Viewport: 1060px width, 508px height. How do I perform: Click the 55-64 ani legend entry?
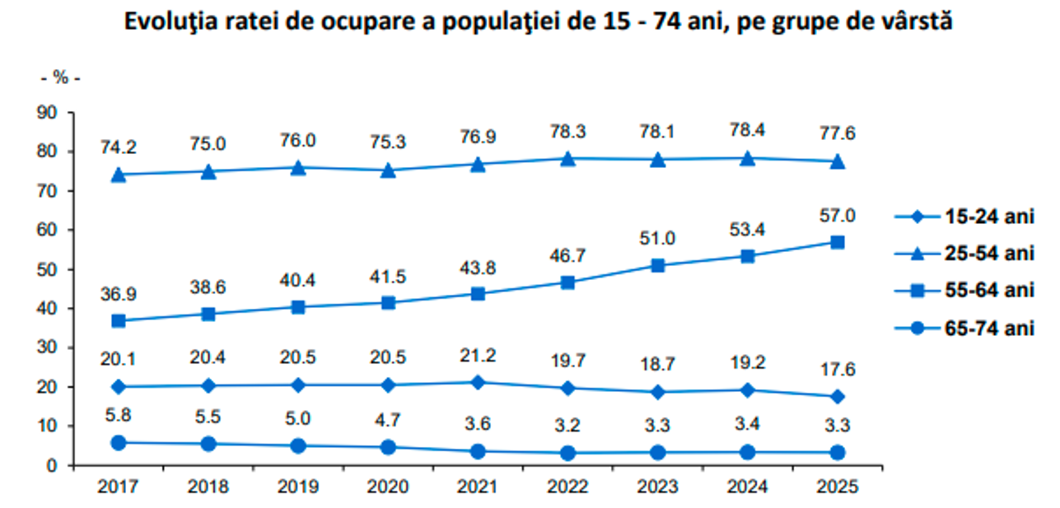pyautogui.click(x=964, y=291)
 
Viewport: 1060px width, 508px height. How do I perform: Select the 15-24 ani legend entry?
pyautogui.click(x=964, y=217)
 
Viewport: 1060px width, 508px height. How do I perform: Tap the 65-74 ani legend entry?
pyautogui.click(x=964, y=329)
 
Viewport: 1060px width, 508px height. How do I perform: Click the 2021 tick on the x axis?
pyautogui.click(x=478, y=487)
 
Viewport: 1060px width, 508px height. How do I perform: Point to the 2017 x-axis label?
pyautogui.click(x=118, y=487)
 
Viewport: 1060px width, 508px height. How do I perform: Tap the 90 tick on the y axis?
pyautogui.click(x=51, y=113)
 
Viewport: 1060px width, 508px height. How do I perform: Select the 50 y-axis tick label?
pyautogui.click(x=51, y=269)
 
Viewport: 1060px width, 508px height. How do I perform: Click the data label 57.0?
pyautogui.click(x=838, y=216)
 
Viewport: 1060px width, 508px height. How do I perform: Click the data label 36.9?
pyautogui.click(x=118, y=294)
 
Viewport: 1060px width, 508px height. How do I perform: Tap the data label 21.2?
pyautogui.click(x=478, y=356)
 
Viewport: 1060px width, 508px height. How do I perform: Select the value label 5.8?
pyautogui.click(x=118, y=417)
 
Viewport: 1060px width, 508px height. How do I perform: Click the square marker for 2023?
pyautogui.click(x=658, y=265)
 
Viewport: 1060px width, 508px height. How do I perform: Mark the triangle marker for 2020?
pyautogui.click(x=388, y=170)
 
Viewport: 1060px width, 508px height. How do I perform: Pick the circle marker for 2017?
pyautogui.click(x=118, y=443)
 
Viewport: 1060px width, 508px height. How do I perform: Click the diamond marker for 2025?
pyautogui.click(x=838, y=397)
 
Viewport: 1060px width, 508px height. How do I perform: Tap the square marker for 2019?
pyautogui.click(x=298, y=307)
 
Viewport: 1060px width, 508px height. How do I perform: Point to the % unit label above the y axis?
pyautogui.click(x=60, y=78)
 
